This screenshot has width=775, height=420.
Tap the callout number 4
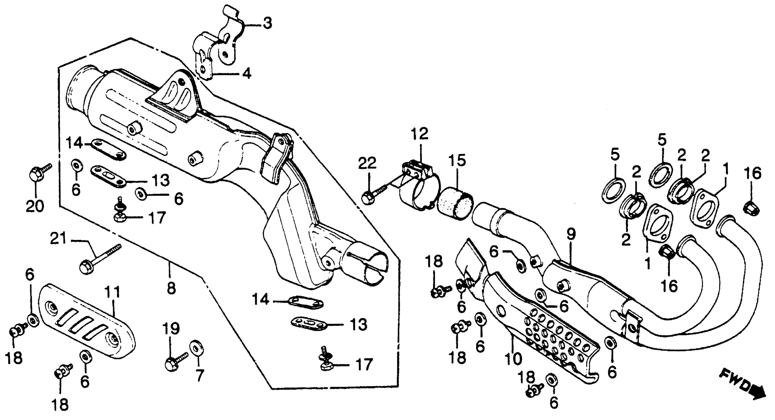247,74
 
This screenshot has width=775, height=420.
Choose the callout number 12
420,134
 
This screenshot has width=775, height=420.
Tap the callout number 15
457,160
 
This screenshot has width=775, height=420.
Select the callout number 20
35,206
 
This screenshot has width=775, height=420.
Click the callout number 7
199,376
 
